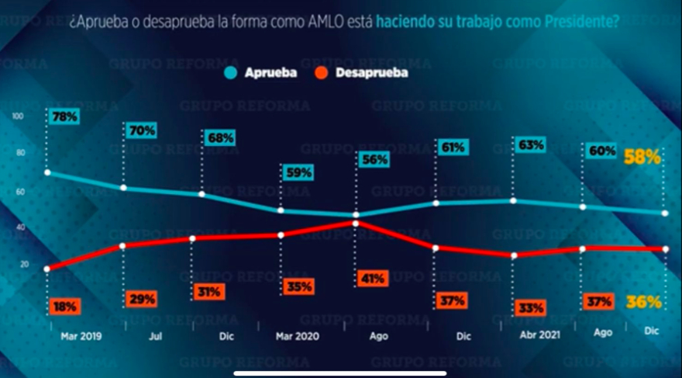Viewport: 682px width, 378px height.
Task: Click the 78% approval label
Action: click(x=65, y=117)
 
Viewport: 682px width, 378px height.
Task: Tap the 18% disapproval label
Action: click(x=65, y=307)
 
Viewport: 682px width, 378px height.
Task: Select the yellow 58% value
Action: click(x=642, y=157)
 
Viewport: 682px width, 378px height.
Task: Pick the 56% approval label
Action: click(x=373, y=159)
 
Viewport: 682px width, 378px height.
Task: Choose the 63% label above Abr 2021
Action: click(x=531, y=144)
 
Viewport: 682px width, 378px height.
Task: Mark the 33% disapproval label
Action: click(x=531, y=308)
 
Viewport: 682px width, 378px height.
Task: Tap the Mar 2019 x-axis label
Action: click(x=81, y=337)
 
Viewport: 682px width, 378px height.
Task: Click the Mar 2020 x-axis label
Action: click(x=297, y=337)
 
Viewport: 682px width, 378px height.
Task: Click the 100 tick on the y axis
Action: click(x=18, y=116)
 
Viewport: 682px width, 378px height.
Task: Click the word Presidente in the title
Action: click(x=583, y=23)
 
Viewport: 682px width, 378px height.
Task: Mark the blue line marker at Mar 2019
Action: click(x=47, y=172)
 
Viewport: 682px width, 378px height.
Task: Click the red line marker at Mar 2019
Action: click(x=47, y=269)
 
